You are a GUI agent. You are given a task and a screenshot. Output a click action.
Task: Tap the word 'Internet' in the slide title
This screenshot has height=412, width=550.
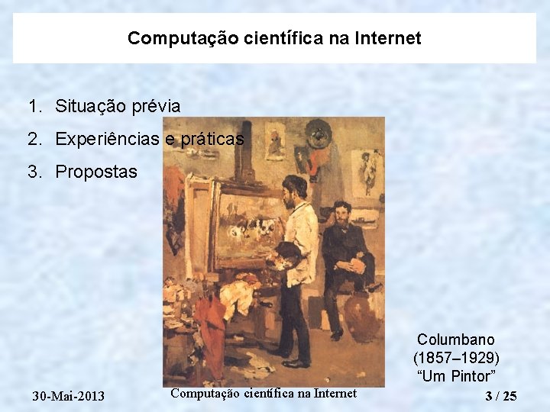387,38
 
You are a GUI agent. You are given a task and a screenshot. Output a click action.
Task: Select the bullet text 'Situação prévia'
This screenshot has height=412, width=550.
118,106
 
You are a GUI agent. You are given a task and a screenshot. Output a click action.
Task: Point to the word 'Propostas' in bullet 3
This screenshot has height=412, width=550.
96,172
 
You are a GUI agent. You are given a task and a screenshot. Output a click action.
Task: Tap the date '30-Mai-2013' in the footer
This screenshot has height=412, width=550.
69,396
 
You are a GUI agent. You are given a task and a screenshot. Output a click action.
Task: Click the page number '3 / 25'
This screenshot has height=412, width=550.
501,396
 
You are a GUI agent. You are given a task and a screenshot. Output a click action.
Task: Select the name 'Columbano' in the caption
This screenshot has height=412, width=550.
456,340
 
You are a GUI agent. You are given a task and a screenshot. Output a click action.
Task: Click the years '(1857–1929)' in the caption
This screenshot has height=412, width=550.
456,358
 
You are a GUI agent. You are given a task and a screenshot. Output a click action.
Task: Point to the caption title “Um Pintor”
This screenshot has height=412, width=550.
456,375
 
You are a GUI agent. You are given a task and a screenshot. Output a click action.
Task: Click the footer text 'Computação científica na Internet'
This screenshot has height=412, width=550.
264,394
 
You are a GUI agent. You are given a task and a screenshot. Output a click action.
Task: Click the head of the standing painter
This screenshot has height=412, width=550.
294,188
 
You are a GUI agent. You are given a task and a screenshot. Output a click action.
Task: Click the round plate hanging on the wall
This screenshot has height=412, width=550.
315,137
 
